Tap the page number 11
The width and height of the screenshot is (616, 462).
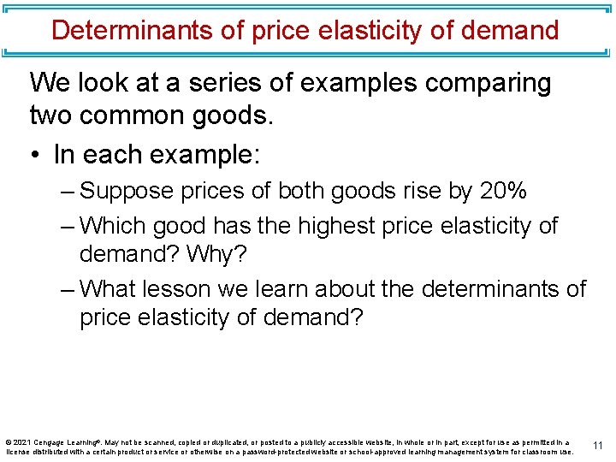click(597, 445)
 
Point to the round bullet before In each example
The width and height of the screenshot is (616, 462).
click(37, 155)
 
